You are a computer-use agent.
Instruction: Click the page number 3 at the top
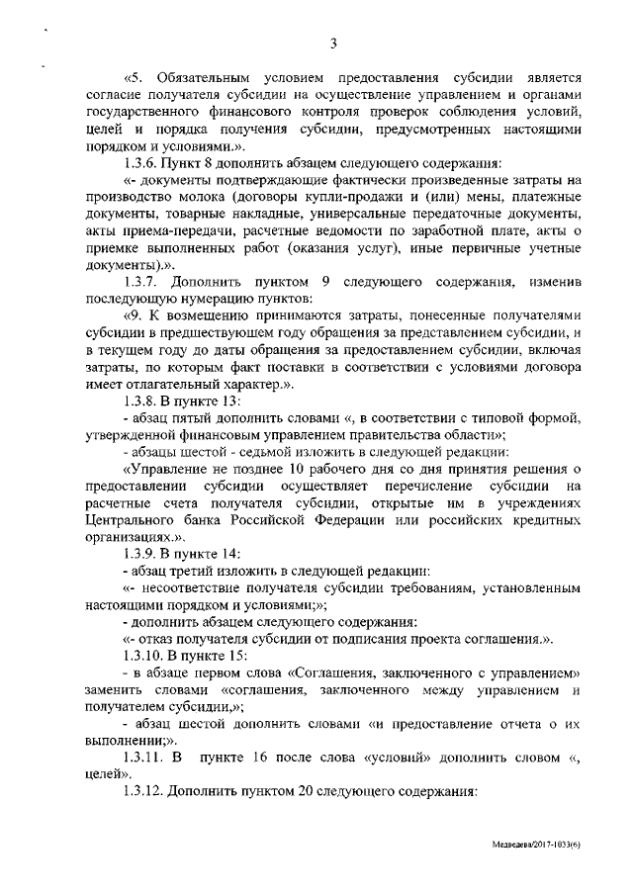point(333,43)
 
